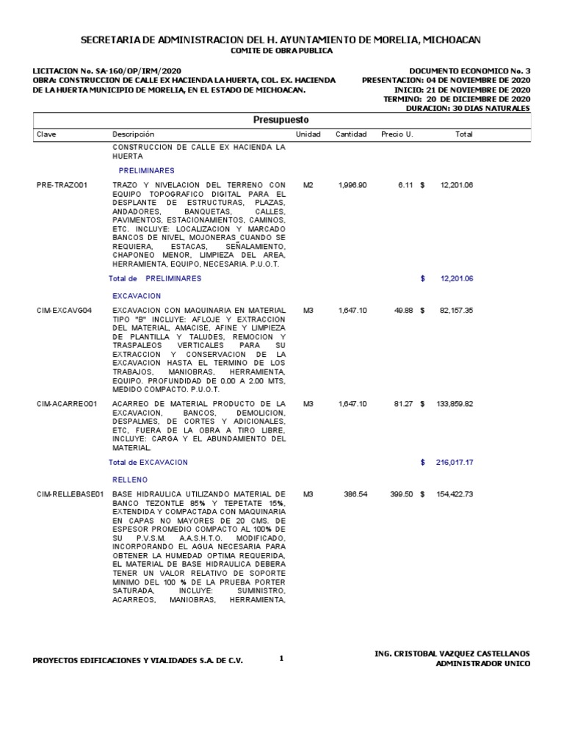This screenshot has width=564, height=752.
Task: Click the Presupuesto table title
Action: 281,120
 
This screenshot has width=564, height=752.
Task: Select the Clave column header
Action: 46,134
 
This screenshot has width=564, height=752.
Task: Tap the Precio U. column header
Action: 397,134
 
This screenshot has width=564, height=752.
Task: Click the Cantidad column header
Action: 351,134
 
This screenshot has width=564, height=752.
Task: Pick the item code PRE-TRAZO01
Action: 62,184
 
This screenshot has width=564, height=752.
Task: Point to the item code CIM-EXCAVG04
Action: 64,311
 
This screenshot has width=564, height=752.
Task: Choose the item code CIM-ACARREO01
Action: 67,404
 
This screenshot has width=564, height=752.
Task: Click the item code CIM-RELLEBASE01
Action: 70,494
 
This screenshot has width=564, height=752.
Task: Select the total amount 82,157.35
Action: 456,311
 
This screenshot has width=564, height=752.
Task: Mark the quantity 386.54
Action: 355,494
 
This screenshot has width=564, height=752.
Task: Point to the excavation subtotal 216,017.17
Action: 456,463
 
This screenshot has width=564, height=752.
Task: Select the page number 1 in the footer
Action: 281,658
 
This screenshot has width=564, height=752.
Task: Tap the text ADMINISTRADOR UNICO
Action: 482,664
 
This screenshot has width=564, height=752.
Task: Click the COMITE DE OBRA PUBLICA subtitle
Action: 281,51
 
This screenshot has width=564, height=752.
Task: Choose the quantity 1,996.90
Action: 352,184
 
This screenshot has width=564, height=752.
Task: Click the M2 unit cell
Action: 308,184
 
